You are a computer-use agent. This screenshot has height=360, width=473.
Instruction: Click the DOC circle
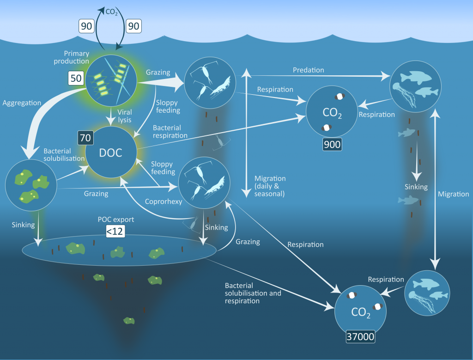tap(111, 152)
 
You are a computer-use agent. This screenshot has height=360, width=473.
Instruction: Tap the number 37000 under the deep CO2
tap(360, 336)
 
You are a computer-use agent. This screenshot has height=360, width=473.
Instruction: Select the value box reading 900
tap(332, 145)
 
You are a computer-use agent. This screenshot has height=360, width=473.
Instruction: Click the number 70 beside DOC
tap(85, 138)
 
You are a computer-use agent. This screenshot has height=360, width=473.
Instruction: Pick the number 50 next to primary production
tap(76, 78)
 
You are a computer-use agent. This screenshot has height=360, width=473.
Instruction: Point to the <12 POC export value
tap(115, 232)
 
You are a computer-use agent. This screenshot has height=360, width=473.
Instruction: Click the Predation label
tap(308, 70)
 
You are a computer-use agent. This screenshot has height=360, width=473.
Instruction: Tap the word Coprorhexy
tap(164, 201)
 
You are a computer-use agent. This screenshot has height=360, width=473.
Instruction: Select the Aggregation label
tap(22, 103)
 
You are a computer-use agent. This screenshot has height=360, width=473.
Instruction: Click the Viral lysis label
tap(125, 116)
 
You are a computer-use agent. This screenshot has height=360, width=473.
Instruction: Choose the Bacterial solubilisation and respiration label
tap(253, 293)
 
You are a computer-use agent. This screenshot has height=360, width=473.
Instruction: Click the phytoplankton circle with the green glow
tap(111, 80)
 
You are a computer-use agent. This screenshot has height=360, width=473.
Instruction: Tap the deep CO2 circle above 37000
tap(360, 311)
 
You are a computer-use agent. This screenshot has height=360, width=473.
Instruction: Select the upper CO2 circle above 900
tap(332, 111)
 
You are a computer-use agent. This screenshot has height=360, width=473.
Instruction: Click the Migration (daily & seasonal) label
tap(270, 186)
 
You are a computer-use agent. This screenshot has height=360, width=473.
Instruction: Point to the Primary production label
tap(72, 57)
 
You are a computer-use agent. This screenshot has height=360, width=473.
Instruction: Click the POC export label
tap(116, 220)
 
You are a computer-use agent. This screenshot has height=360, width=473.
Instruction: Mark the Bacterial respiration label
tap(170, 132)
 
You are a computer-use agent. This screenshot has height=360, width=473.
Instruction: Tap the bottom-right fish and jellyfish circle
tap(427, 293)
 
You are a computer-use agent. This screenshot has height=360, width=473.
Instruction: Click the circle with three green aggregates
tap(31, 185)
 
